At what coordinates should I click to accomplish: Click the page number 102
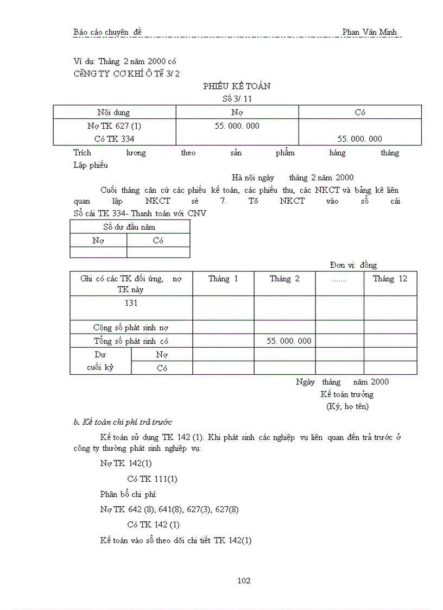click(x=244, y=581)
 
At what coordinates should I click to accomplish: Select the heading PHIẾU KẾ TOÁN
click(x=237, y=86)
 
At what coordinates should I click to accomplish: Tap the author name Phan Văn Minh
click(x=369, y=32)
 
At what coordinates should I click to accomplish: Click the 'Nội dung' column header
click(x=113, y=112)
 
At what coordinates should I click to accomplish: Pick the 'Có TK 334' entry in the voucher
click(x=114, y=139)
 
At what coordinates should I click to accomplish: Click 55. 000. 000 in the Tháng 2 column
click(x=289, y=341)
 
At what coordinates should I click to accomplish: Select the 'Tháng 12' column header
click(x=390, y=279)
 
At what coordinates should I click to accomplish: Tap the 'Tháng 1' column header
click(x=223, y=279)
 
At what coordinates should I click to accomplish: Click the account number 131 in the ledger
click(x=131, y=303)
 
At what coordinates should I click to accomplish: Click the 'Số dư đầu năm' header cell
click(x=129, y=227)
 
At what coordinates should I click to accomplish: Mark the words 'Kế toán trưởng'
click(x=347, y=394)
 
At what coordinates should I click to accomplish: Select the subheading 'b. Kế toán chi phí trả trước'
click(x=123, y=422)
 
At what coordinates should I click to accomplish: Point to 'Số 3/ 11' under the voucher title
click(x=237, y=99)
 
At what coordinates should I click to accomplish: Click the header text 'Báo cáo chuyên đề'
click(x=107, y=32)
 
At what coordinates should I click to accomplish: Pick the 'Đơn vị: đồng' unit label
click(x=353, y=265)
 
